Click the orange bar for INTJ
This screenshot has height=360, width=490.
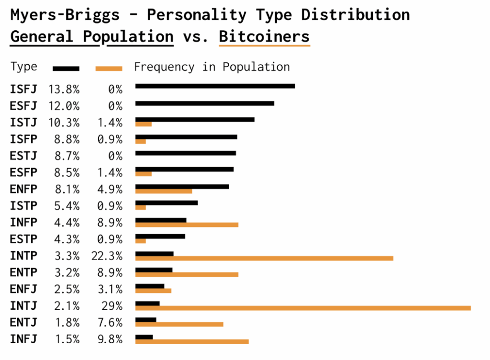(x=303, y=308)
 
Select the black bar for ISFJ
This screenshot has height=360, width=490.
(x=215, y=86)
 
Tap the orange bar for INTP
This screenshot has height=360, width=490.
(x=264, y=258)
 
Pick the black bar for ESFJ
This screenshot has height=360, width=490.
(x=205, y=103)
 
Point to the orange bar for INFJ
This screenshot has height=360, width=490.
(x=192, y=341)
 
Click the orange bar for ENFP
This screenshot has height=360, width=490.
(x=164, y=191)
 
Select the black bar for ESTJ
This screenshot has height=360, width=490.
(x=186, y=153)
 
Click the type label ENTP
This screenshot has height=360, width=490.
(x=23, y=273)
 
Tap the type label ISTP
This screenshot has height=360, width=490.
(x=23, y=206)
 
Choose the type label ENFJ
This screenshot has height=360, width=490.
(x=23, y=290)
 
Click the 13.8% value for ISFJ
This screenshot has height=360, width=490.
(x=64, y=89)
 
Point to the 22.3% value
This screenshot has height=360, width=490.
(x=107, y=256)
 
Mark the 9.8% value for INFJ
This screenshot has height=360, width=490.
(x=109, y=339)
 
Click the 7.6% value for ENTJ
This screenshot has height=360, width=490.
(x=109, y=323)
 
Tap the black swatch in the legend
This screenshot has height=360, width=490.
(x=66, y=68)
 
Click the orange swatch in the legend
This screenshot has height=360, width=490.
(x=109, y=68)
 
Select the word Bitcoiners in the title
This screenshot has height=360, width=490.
(x=264, y=36)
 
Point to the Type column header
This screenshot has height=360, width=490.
(x=23, y=67)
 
